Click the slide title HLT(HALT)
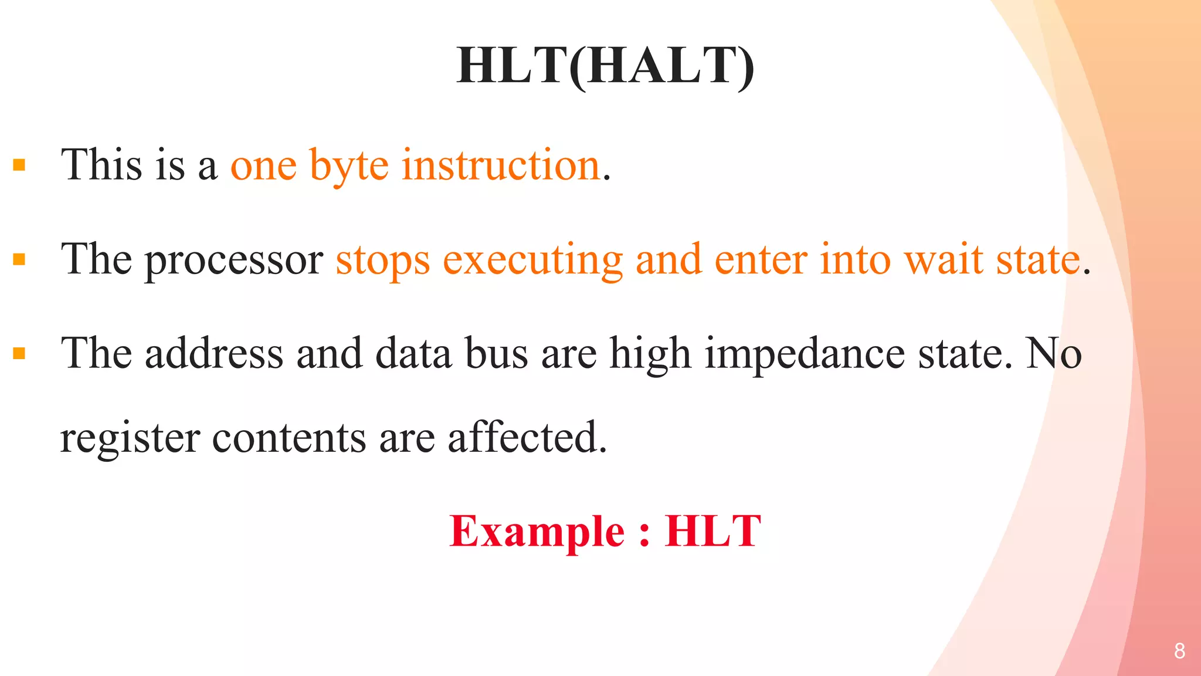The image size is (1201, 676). tap(605, 66)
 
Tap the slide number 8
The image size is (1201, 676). tap(1179, 651)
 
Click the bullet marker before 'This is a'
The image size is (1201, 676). tap(19, 165)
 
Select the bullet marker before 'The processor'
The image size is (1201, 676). tap(19, 259)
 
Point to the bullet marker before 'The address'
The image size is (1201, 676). tap(19, 353)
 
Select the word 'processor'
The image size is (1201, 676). tap(233, 261)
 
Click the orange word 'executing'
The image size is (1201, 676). tap(532, 261)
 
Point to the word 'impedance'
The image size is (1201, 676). tap(805, 354)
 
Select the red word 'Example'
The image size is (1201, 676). tap(537, 532)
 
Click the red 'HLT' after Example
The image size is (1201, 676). tap(713, 532)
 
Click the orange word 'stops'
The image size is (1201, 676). tap(382, 261)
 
